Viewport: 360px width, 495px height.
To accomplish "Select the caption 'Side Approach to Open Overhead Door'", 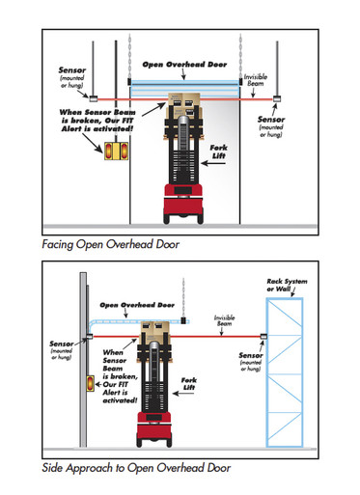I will [x=135, y=468].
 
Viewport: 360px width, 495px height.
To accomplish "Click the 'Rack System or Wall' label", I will [x=289, y=287].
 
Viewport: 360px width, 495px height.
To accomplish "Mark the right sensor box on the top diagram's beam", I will [x=277, y=97].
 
